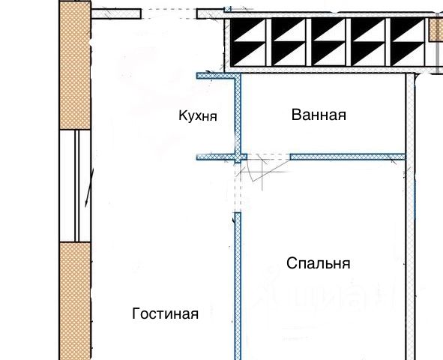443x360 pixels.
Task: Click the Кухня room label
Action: tap(198, 115)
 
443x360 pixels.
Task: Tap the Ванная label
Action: tap(319, 115)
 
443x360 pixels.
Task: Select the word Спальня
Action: tap(319, 263)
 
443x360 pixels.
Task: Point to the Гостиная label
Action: tap(165, 313)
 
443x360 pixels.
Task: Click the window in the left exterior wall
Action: tap(75, 186)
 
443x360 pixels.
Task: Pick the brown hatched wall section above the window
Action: tap(75, 65)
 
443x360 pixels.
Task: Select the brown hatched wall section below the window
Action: tap(75, 301)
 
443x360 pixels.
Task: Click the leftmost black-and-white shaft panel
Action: tap(248, 42)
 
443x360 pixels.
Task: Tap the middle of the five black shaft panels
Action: tap(328, 42)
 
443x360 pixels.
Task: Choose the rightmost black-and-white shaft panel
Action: tap(408, 42)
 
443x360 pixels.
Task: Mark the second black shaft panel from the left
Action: tap(288, 42)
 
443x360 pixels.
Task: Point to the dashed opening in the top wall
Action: tap(169, 13)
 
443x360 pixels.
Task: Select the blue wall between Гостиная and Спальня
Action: tap(238, 286)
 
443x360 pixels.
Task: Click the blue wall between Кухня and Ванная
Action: tap(238, 115)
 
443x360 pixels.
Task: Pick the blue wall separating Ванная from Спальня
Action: tap(348, 157)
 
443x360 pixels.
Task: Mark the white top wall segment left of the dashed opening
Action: tap(116, 13)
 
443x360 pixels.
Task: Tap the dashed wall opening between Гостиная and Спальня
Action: tap(238, 187)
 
